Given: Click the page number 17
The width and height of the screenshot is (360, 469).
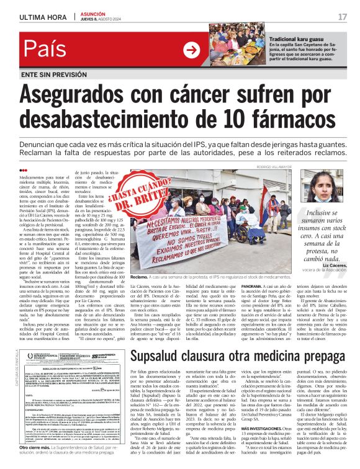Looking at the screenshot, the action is [342, 16].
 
